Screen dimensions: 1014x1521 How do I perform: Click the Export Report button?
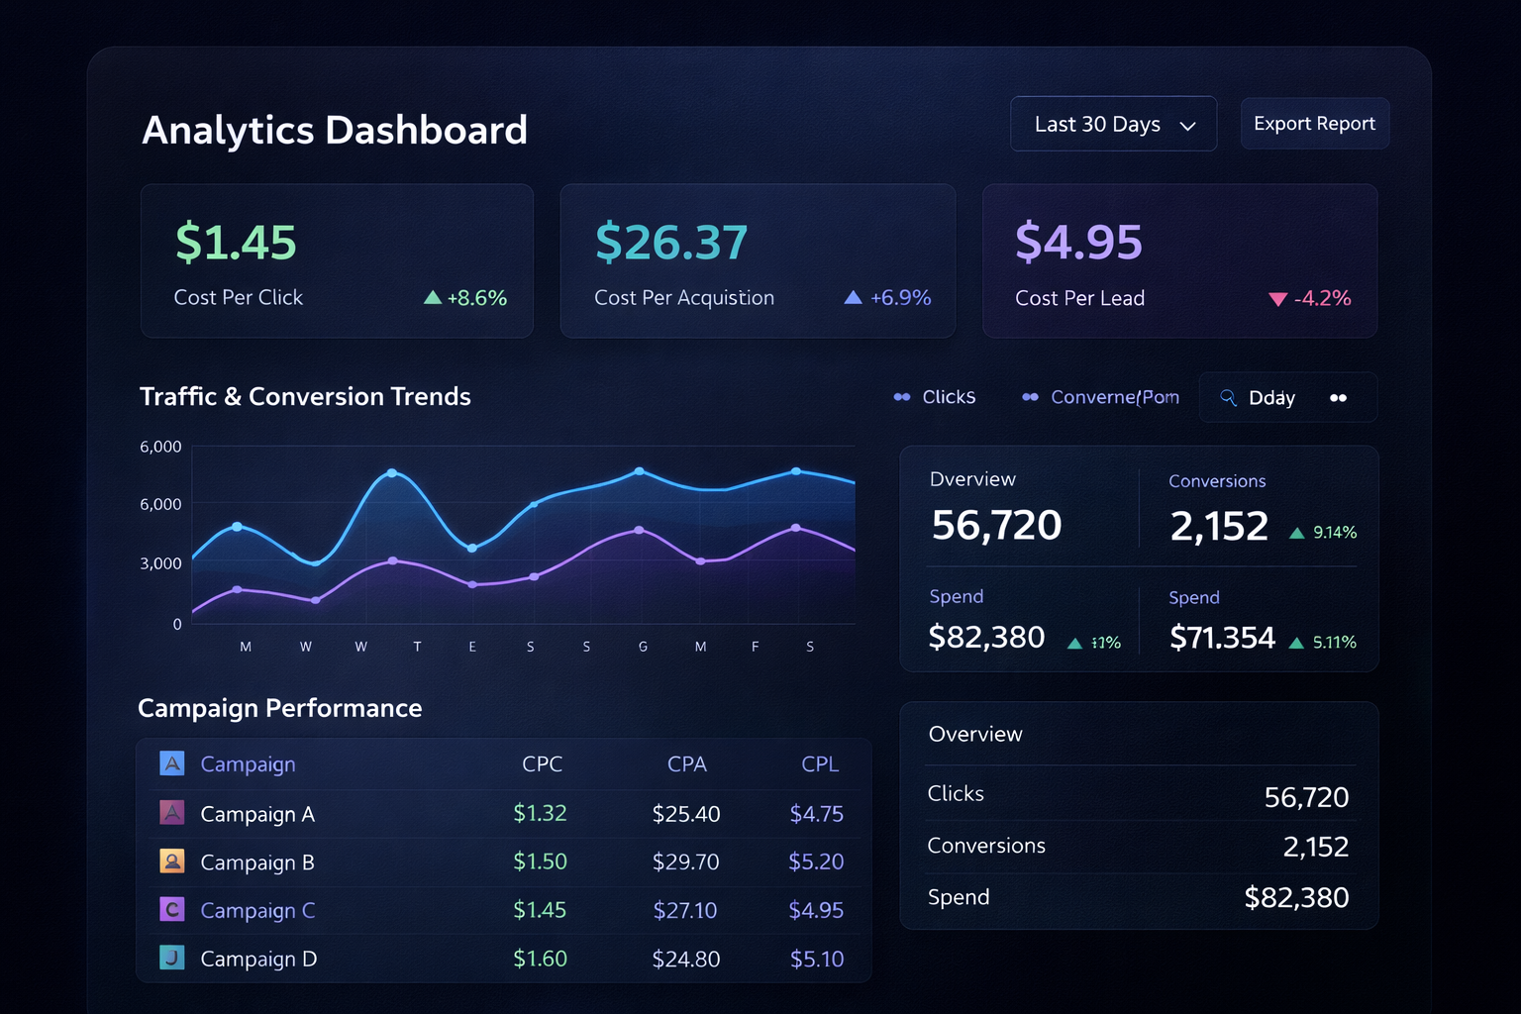pyautogui.click(x=1314, y=124)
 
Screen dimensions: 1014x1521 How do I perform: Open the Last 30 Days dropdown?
pyautogui.click(x=1113, y=125)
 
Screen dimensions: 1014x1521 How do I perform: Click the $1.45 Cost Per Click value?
pyautogui.click(x=236, y=243)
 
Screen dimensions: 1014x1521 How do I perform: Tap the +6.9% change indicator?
pyautogui.click(x=888, y=298)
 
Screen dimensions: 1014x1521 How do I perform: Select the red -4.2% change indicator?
pyautogui.click(x=1310, y=299)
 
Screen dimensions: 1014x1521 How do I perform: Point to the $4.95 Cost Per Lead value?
pyautogui.click(x=1078, y=243)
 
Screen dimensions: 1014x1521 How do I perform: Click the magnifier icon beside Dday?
pyautogui.click(x=1228, y=397)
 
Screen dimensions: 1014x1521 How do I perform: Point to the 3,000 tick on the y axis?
pyautogui.click(x=160, y=563)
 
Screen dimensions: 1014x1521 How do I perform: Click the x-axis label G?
pyautogui.click(x=643, y=647)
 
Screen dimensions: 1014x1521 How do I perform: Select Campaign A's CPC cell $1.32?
pyautogui.click(x=540, y=814)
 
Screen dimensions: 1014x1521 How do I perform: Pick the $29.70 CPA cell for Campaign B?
pyautogui.click(x=685, y=862)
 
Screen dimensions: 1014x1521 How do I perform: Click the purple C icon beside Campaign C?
pyautogui.click(x=172, y=909)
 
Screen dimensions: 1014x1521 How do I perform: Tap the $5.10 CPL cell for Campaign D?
pyautogui.click(x=817, y=960)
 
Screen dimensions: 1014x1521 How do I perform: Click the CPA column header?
pyautogui.click(x=686, y=764)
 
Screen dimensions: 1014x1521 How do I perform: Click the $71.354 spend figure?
pyautogui.click(x=1222, y=638)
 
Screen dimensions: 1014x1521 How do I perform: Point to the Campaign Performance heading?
pyautogui.click(x=280, y=708)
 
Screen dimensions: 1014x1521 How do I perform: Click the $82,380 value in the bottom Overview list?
pyautogui.click(x=1296, y=898)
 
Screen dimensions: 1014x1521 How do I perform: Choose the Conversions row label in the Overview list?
pyautogui.click(x=986, y=846)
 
